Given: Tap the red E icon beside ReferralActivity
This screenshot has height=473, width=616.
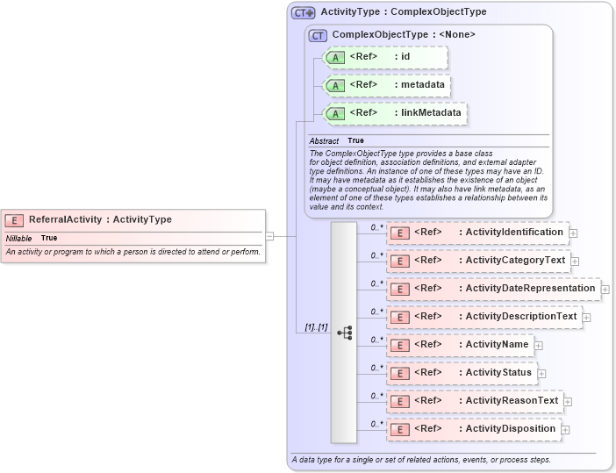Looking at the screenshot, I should point(14,220).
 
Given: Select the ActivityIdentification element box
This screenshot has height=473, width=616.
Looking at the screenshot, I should point(478,233).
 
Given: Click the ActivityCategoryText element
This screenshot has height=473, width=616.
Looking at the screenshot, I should point(478,261).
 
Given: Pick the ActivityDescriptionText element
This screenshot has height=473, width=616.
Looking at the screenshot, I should point(484,317).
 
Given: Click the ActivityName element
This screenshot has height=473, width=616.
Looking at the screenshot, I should point(461,345).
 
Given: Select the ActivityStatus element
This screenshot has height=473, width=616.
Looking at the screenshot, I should point(462,373).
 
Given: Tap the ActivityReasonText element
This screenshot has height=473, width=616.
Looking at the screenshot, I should point(476,401).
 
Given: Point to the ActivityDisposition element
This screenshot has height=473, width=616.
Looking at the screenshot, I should point(475,429).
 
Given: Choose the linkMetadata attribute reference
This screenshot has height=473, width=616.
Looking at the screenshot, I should point(394,113).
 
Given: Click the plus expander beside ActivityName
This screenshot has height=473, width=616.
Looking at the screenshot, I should point(539,346).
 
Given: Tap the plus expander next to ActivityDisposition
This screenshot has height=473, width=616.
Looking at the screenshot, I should point(566,430).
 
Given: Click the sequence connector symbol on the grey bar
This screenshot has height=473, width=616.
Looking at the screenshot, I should point(344,333).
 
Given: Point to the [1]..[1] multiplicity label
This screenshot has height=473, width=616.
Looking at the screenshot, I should point(316,327).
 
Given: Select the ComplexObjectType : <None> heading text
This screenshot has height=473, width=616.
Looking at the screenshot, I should point(404,35).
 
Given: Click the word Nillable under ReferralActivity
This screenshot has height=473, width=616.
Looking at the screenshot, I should point(19,238).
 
